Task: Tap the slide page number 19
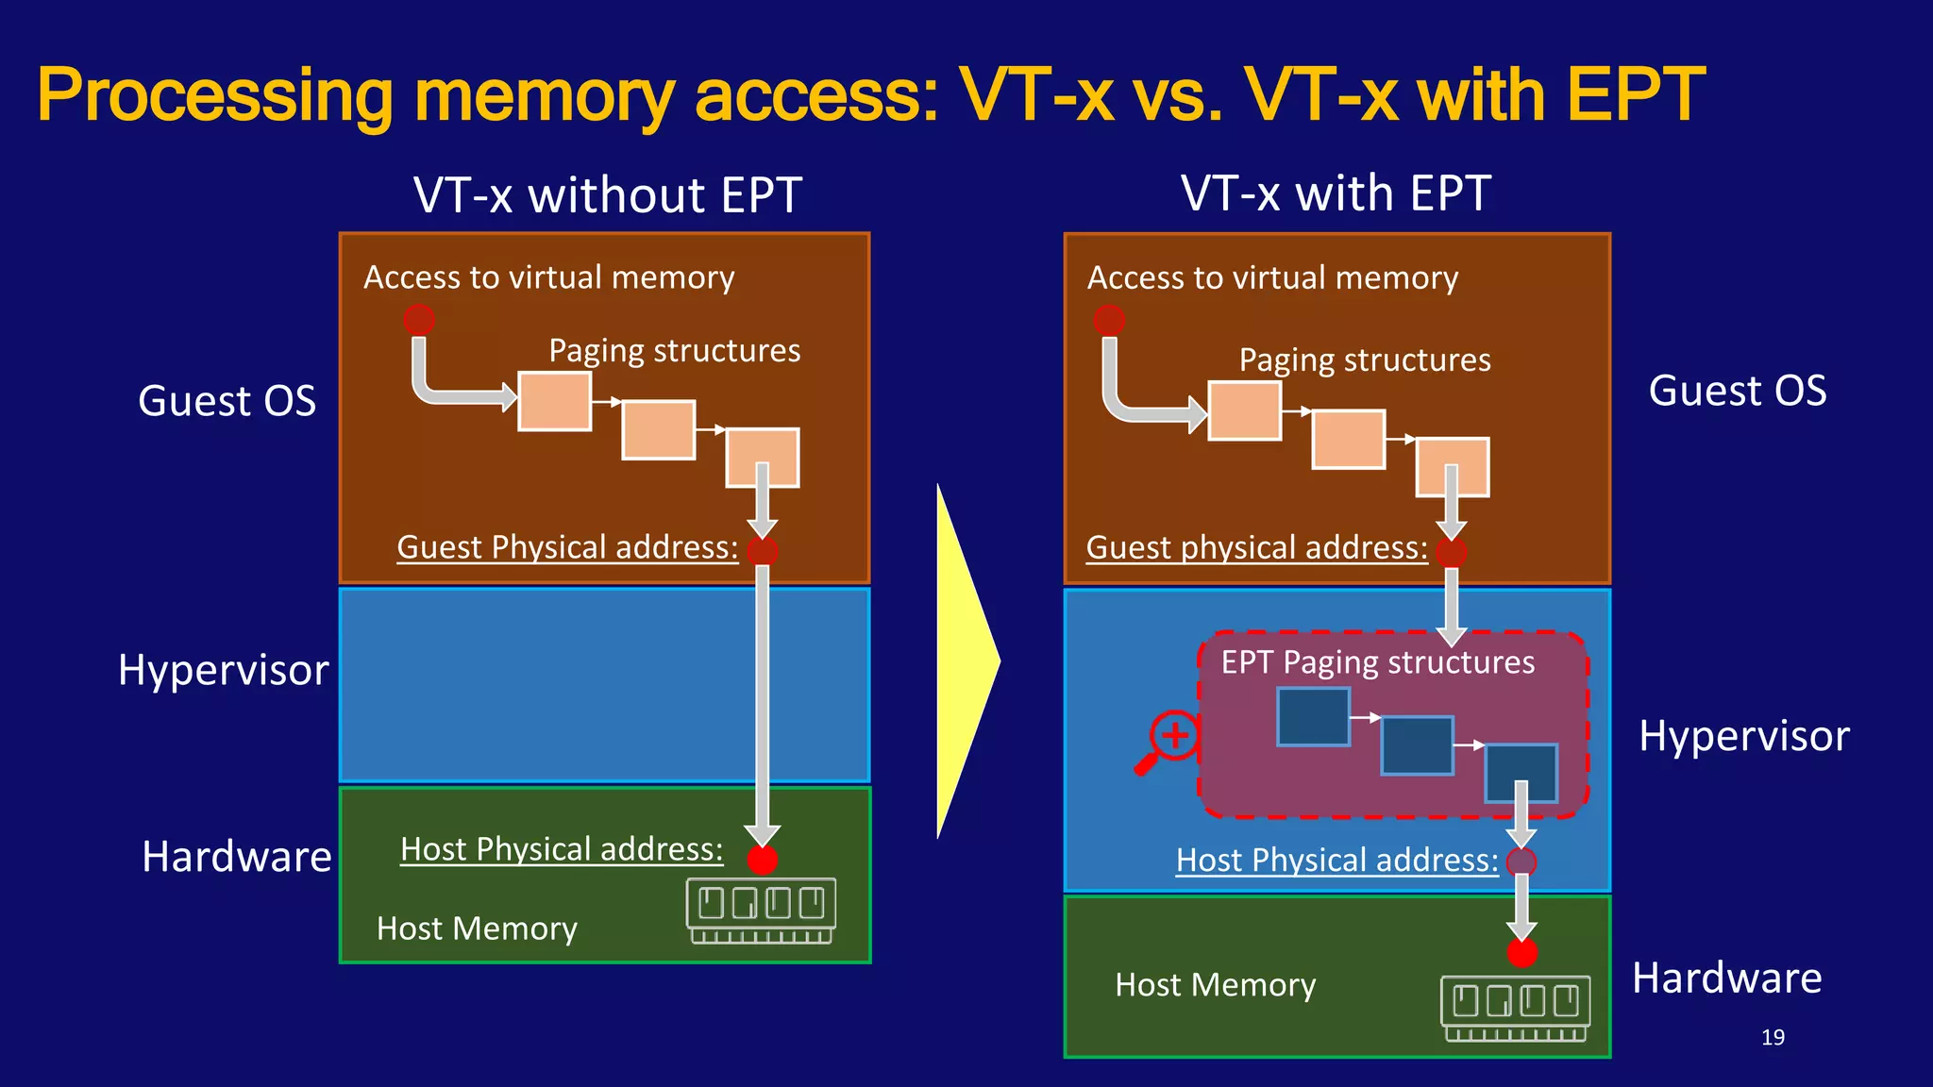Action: coord(1773,1037)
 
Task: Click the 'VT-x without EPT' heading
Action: coord(607,195)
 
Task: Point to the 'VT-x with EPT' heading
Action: coord(1336,193)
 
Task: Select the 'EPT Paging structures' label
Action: coord(1377,662)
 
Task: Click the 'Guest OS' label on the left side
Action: coord(227,401)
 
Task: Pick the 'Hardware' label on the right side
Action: coord(1726,978)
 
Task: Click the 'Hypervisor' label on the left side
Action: coord(223,671)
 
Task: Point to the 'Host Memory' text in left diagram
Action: coord(477,929)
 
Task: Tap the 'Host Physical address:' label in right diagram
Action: coord(1336,861)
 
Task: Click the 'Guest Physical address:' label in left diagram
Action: coord(567,547)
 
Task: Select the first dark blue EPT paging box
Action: coord(1313,717)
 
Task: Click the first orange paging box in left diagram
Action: coord(555,401)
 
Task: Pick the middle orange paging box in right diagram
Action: coord(1349,439)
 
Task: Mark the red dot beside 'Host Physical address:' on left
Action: coord(762,860)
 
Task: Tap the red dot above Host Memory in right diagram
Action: coord(1521,953)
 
